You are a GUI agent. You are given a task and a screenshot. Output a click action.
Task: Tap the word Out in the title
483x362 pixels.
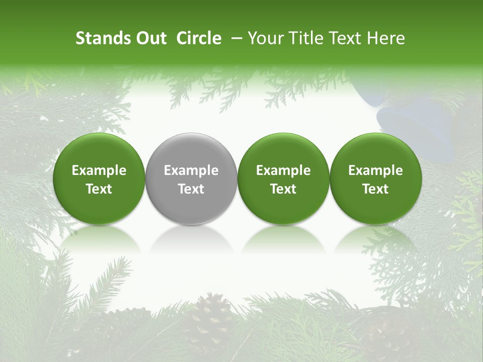pyautogui.click(x=150, y=38)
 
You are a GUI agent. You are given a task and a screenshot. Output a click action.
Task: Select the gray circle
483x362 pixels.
pyautogui.click(x=191, y=178)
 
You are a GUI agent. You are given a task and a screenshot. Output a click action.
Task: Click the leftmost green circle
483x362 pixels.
pyautogui.click(x=99, y=178)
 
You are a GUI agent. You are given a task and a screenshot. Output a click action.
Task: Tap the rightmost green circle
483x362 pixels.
pyautogui.click(x=376, y=178)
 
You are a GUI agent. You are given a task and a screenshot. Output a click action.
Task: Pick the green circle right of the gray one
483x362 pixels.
pyautogui.click(x=283, y=178)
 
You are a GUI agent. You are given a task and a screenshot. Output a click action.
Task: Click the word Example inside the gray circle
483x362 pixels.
pyautogui.click(x=191, y=170)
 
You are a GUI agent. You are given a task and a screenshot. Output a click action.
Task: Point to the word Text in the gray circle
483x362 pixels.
pyautogui.click(x=191, y=189)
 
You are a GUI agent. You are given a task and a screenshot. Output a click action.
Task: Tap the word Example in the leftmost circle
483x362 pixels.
pyautogui.click(x=99, y=170)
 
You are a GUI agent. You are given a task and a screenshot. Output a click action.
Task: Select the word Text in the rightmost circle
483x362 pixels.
pyautogui.click(x=376, y=189)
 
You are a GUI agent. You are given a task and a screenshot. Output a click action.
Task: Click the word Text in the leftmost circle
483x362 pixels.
pyautogui.click(x=99, y=189)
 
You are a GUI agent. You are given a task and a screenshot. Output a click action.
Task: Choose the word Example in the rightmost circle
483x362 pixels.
pyautogui.click(x=376, y=170)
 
